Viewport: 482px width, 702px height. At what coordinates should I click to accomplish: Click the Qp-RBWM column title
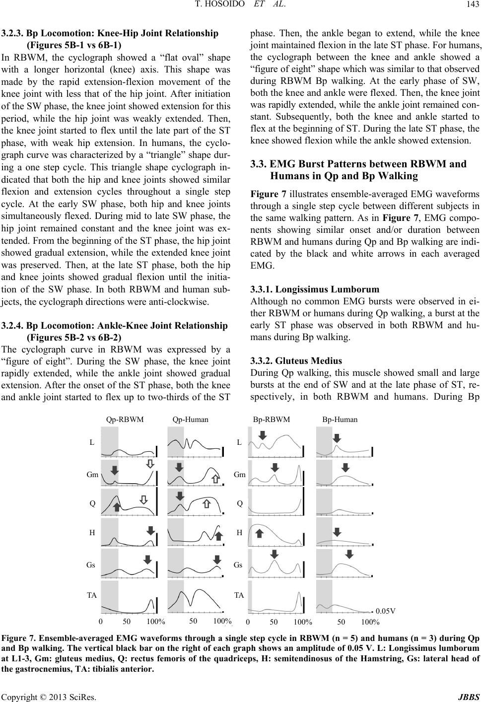tap(125, 420)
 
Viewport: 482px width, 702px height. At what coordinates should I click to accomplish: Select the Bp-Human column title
tap(340, 420)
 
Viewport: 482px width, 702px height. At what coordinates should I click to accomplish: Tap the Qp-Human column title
tap(191, 420)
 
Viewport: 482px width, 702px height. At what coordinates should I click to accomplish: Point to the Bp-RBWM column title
tap(272, 420)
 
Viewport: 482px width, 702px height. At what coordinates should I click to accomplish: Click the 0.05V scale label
tap(386, 611)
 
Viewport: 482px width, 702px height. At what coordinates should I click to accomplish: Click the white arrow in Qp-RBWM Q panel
tap(143, 500)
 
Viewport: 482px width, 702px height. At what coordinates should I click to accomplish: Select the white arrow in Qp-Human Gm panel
tap(215, 479)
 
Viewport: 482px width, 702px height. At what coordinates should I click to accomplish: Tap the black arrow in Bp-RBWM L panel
tap(263, 435)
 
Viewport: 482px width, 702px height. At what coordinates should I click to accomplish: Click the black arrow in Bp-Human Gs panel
tap(349, 554)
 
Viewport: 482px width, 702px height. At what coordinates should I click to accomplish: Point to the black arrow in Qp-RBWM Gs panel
tap(147, 560)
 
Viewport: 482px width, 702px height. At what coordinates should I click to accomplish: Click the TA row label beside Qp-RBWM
tap(91, 595)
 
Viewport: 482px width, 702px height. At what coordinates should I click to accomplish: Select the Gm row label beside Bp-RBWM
tap(240, 475)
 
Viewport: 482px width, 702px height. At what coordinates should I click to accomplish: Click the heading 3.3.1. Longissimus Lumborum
tap(315, 289)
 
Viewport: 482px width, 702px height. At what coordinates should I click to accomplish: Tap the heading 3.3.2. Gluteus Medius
tap(296, 361)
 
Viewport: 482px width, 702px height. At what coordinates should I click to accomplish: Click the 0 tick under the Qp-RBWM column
tap(101, 622)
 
